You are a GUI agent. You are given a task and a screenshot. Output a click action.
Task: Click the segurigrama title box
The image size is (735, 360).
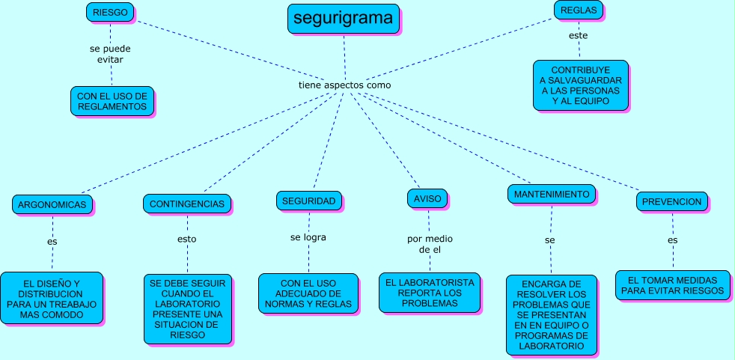[344, 19]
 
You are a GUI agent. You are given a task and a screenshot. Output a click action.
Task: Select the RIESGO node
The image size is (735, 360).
[110, 12]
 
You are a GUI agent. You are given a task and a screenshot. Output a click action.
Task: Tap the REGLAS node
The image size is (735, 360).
[579, 10]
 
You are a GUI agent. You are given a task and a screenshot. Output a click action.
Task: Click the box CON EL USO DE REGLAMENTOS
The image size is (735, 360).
[112, 101]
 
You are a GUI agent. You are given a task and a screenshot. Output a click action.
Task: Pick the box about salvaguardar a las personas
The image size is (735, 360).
[580, 85]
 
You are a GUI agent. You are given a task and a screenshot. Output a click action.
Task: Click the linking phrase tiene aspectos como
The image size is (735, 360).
[344, 85]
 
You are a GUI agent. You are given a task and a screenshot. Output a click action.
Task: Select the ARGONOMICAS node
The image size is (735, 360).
[52, 204]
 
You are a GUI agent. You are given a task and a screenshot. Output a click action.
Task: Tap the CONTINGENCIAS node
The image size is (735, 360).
[186, 204]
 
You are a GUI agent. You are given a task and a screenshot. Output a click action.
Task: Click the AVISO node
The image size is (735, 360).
[428, 198]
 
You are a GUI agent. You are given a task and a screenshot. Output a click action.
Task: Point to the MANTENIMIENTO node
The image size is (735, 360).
[552, 194]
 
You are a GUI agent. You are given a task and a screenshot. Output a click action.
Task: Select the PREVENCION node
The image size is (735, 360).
[671, 201]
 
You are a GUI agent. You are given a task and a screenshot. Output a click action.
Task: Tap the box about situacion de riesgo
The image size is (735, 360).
[187, 310]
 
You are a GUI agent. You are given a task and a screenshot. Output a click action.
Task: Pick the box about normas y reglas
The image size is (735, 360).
[308, 293]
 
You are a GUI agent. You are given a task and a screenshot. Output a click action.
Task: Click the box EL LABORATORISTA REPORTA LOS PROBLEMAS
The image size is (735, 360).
[430, 293]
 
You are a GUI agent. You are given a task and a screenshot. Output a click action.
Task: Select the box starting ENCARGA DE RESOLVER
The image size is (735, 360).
[551, 315]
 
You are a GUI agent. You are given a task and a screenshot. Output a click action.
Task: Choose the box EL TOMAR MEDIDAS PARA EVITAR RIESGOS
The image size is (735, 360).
[672, 285]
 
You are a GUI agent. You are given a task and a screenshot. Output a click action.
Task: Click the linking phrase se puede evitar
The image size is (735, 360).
[110, 54]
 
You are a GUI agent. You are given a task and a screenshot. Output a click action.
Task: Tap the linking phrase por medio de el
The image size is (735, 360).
[430, 243]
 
